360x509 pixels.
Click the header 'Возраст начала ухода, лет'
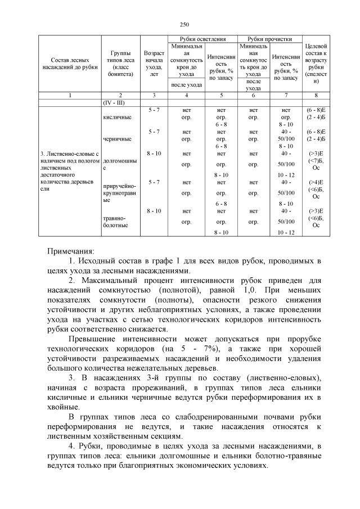point(154,63)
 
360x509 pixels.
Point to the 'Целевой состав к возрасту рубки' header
point(316,63)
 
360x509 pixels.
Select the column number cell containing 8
point(316,96)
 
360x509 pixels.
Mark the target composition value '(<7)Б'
point(316,160)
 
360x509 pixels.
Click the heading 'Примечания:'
point(71,250)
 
